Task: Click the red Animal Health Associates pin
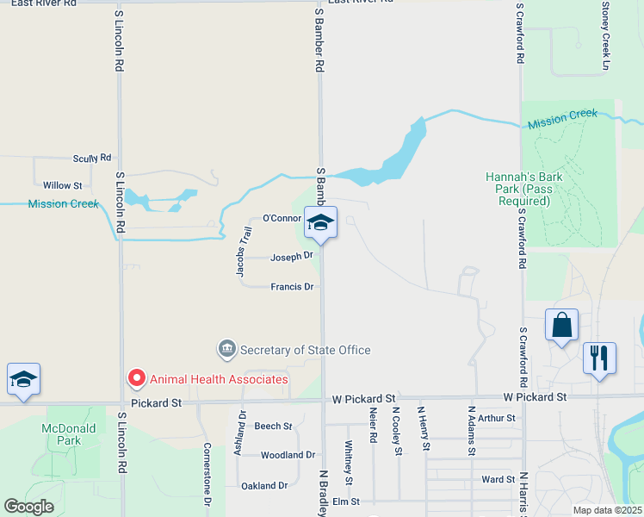pyautogui.click(x=135, y=377)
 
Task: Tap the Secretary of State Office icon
pyautogui.click(x=227, y=349)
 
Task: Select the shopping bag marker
pyautogui.click(x=561, y=327)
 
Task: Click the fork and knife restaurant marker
pyautogui.click(x=599, y=356)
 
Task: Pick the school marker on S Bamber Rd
pyautogui.click(x=320, y=223)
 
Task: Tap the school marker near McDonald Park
pyautogui.click(x=24, y=380)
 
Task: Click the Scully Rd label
pyautogui.click(x=92, y=159)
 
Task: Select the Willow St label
pyautogui.click(x=62, y=185)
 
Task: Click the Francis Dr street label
pyautogui.click(x=291, y=287)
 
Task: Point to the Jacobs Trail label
pyautogui.click(x=244, y=251)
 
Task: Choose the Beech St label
pyautogui.click(x=273, y=427)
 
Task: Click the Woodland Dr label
pyautogui.click(x=288, y=455)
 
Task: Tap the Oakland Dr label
pyautogui.click(x=263, y=486)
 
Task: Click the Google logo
pyautogui.click(x=28, y=507)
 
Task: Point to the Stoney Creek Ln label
pyautogui.click(x=605, y=35)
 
